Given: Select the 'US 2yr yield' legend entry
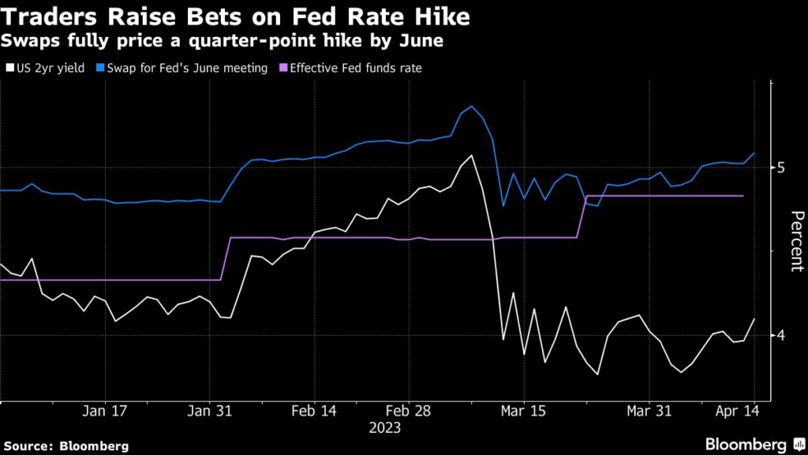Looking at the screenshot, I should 48,68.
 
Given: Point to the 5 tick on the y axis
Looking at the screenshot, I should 781,167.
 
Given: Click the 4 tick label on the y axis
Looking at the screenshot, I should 781,336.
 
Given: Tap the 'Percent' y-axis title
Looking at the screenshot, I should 796,241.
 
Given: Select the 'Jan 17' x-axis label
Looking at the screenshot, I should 104,412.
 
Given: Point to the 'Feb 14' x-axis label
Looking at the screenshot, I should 314,412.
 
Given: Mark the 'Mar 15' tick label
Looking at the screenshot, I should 523,412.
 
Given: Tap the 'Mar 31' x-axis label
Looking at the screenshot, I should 649,412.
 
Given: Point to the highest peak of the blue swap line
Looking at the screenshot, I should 471,106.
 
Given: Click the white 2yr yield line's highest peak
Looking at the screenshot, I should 471,156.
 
